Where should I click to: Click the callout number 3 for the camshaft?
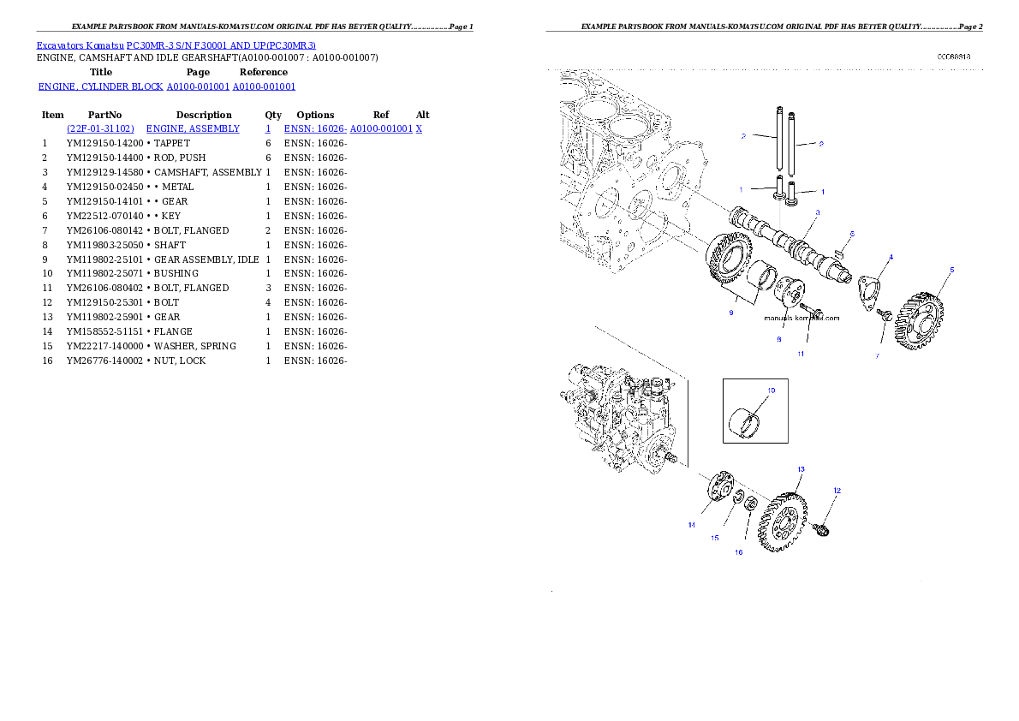pos(817,212)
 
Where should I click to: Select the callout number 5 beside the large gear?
pos(951,270)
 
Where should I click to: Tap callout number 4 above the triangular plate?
pos(891,256)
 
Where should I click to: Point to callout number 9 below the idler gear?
pos(730,313)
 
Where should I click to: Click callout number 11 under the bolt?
pos(801,353)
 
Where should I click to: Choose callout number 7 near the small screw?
pos(877,355)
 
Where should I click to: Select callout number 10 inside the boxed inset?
pos(771,390)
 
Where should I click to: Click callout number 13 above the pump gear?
pos(801,469)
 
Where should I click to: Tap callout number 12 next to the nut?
pos(837,491)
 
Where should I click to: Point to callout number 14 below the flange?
pos(691,526)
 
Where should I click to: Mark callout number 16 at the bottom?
pos(738,552)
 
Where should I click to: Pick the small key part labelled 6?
pos(839,251)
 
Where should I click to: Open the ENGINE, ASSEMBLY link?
pos(193,128)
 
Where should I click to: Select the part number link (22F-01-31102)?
pos(100,128)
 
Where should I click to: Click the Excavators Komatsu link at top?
pos(176,45)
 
